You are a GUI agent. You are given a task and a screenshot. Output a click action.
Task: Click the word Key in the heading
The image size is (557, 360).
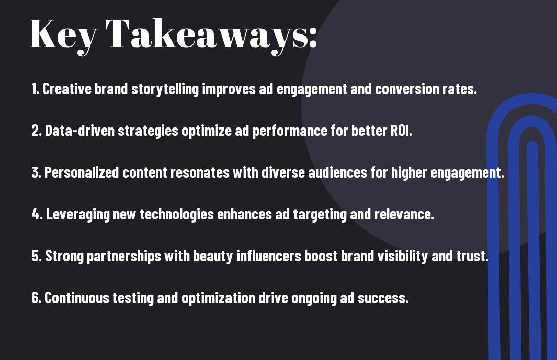click(63, 34)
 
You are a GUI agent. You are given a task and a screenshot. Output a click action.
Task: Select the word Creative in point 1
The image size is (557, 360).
click(67, 89)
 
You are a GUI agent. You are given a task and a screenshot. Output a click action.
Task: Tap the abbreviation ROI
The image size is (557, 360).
click(401, 131)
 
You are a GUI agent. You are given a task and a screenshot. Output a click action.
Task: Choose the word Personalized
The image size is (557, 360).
click(82, 172)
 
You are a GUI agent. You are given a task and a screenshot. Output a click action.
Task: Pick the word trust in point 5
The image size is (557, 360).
click(473, 256)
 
